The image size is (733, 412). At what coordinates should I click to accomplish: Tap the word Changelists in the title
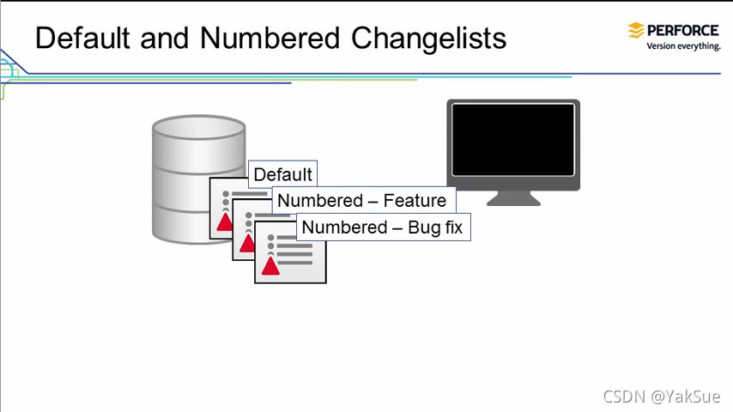pyautogui.click(x=428, y=39)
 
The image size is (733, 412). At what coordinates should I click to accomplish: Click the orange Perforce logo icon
pyautogui.click(x=636, y=31)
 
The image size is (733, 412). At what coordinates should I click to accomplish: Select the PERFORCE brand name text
pyautogui.click(x=684, y=31)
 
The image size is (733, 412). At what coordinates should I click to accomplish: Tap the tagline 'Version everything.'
pyautogui.click(x=683, y=46)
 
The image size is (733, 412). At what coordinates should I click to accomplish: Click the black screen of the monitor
pyautogui.click(x=512, y=140)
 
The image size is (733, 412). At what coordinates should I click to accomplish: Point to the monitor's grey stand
pyautogui.click(x=513, y=198)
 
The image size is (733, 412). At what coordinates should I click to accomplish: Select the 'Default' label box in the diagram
pyautogui.click(x=282, y=174)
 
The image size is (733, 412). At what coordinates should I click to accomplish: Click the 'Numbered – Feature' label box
pyautogui.click(x=361, y=201)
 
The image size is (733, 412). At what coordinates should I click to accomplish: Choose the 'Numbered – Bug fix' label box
pyautogui.click(x=382, y=227)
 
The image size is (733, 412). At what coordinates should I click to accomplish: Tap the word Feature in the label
pyautogui.click(x=415, y=201)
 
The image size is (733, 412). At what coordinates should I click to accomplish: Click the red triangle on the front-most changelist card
pyautogui.click(x=270, y=266)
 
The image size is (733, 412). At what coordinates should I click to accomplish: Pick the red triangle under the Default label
pyautogui.click(x=224, y=222)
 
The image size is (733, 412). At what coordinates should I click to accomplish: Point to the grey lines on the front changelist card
pyautogui.click(x=295, y=254)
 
